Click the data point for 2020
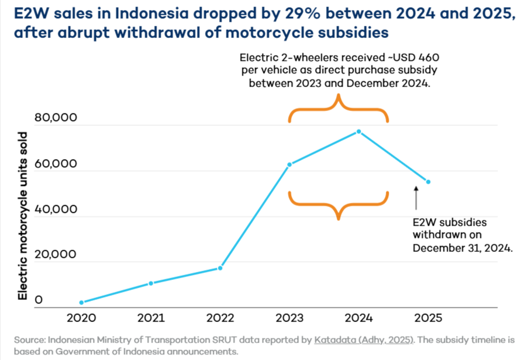(x=81, y=303)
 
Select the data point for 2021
(x=151, y=283)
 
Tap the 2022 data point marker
(x=220, y=268)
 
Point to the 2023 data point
(x=289, y=165)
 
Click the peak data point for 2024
(x=359, y=131)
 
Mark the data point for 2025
(x=429, y=182)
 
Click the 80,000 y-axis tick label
(x=56, y=117)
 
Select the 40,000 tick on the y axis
(x=56, y=209)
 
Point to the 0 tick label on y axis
(x=39, y=300)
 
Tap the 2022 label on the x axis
(x=220, y=318)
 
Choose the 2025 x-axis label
(x=429, y=318)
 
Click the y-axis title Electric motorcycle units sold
(x=22, y=216)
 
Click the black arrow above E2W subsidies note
(x=416, y=198)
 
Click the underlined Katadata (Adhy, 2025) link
(x=364, y=340)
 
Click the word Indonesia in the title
(x=151, y=13)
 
